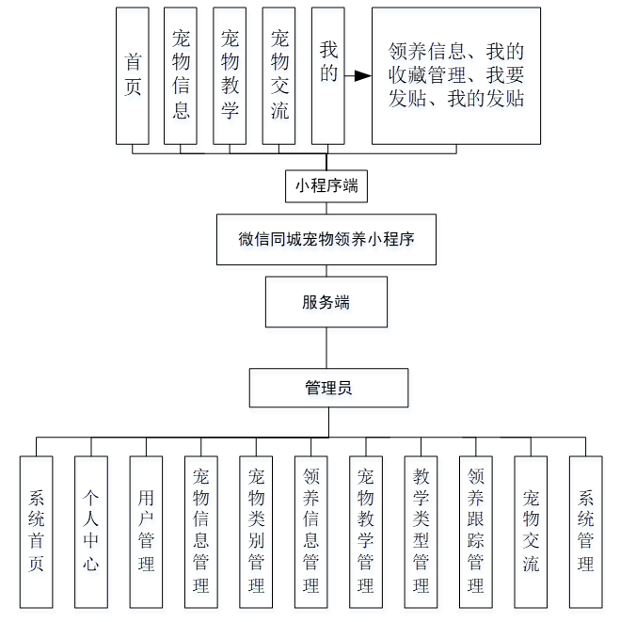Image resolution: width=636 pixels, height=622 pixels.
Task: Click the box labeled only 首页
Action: pyautogui.click(x=133, y=75)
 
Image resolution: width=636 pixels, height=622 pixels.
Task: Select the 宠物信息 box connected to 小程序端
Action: pyautogui.click(x=181, y=75)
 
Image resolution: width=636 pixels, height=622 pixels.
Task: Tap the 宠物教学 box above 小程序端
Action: pyautogui.click(x=230, y=75)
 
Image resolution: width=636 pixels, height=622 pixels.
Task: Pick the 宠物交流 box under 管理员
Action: pyautogui.click(x=531, y=532)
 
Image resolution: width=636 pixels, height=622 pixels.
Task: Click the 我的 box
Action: pyautogui.click(x=327, y=75)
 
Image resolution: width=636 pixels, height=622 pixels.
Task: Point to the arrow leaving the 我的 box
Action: pyautogui.click(x=358, y=76)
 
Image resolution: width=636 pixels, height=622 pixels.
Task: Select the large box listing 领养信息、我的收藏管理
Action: pyautogui.click(x=456, y=75)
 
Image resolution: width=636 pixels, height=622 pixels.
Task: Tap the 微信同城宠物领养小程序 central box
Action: pyautogui.click(x=326, y=239)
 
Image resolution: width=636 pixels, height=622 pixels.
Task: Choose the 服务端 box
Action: pyautogui.click(x=326, y=301)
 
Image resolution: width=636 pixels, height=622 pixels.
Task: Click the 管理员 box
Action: pyautogui.click(x=328, y=387)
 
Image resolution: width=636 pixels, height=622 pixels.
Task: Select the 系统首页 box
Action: pyautogui.click(x=36, y=532)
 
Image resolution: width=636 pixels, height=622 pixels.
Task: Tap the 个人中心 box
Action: pyautogui.click(x=91, y=532)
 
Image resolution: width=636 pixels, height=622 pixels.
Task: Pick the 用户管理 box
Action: pyautogui.click(x=146, y=532)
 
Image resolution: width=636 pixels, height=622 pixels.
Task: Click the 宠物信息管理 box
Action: pyautogui.click(x=201, y=532)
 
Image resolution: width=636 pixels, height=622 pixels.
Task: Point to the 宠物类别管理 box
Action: pyautogui.click(x=256, y=532)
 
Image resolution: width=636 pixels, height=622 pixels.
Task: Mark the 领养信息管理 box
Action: pyautogui.click(x=310, y=532)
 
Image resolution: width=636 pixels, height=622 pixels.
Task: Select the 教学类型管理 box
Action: pyautogui.click(x=421, y=532)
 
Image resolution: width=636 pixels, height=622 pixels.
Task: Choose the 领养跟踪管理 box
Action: pyautogui.click(x=476, y=532)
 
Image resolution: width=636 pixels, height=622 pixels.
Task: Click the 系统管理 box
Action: pyautogui.click(x=585, y=532)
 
